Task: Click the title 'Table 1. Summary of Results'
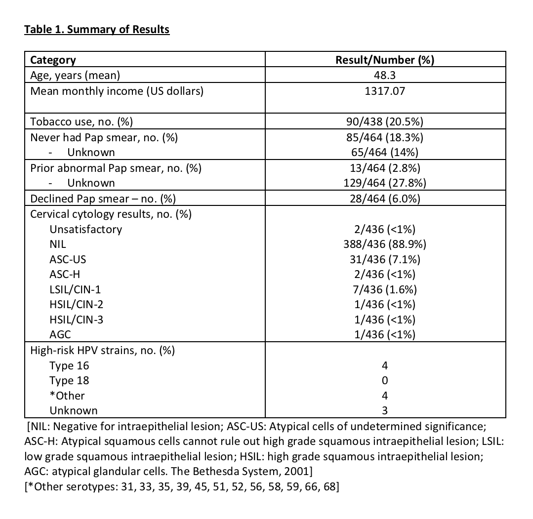coord(97,30)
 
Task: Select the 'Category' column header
coord(53,60)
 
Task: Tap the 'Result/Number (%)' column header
coord(385,60)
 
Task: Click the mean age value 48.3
coord(385,76)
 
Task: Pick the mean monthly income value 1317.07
coord(385,91)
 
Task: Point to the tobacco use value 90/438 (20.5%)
coord(385,122)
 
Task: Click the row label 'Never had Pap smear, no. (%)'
coord(104,137)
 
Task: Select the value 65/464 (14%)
coord(385,153)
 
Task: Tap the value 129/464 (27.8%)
coord(385,183)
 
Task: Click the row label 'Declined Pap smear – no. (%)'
coord(103,199)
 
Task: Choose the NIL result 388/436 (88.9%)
coord(385,244)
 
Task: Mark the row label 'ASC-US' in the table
coord(64,259)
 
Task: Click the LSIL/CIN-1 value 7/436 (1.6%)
coord(385,289)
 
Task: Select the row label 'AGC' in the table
coord(60,335)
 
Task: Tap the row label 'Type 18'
coord(69,381)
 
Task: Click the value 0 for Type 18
coord(385,381)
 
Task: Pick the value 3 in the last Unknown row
coord(385,411)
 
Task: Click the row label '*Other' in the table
coord(67,396)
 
